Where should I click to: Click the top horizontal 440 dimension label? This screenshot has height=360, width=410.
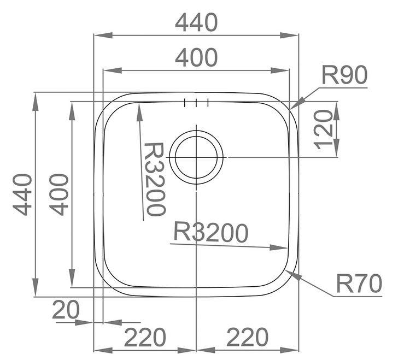(196, 22)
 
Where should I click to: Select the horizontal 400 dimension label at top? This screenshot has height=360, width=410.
(196, 57)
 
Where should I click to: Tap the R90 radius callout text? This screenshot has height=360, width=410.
(344, 75)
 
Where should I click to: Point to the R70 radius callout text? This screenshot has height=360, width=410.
(359, 283)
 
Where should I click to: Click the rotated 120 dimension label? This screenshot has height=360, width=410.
(323, 129)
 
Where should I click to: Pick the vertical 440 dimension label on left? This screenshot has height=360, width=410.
(22, 194)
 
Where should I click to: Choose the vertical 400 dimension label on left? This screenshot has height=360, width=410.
(59, 194)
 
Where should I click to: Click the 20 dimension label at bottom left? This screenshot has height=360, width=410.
(66, 310)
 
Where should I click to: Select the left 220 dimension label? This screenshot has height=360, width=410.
(145, 337)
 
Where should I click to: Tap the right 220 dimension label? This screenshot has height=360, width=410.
(247, 337)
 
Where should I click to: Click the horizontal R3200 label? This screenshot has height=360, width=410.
(211, 232)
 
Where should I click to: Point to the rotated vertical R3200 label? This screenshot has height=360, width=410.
(155, 179)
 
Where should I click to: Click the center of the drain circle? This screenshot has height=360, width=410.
(196, 157)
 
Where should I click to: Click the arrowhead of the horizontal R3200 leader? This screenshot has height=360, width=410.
(288, 248)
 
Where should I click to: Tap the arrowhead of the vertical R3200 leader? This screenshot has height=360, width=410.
(139, 104)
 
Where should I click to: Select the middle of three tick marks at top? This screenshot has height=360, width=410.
(196, 103)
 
